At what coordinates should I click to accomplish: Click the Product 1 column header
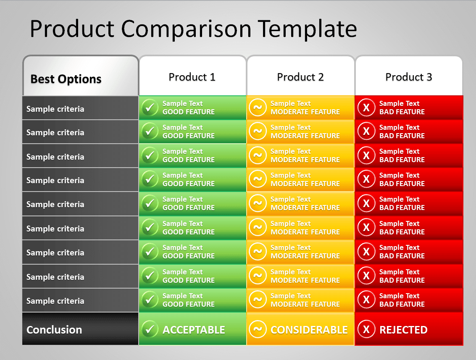point(192,77)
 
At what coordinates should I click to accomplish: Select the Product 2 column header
point(300,77)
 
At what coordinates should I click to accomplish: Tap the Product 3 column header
point(409,77)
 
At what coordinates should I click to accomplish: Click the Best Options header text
point(66,79)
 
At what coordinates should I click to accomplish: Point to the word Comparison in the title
point(187,29)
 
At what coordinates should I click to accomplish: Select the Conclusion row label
point(54,330)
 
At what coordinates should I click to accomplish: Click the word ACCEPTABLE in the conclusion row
point(194,330)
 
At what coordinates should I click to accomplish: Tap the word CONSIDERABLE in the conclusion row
point(309,330)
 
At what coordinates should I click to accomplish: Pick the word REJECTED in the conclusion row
point(403,330)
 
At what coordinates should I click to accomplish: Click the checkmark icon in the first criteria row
point(150,108)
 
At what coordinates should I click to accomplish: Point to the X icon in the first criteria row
point(366,108)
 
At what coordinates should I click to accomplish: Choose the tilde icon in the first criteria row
point(258,108)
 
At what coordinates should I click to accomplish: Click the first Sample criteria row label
point(55,109)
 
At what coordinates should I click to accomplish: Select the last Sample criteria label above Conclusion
point(55,301)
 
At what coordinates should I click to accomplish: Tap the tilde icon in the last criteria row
point(258,300)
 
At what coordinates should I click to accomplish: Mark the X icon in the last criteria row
point(366,300)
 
